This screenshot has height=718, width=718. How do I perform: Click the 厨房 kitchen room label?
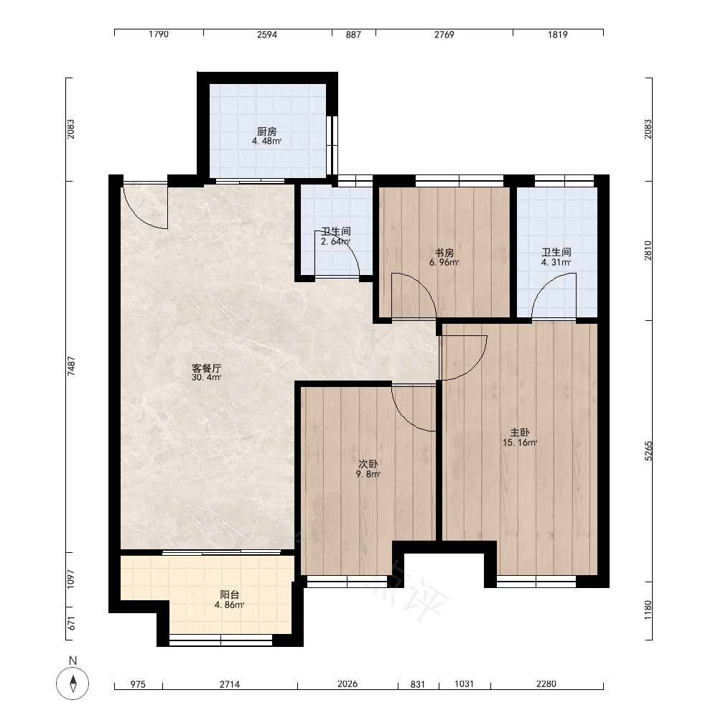(267, 132)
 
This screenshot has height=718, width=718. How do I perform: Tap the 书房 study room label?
(444, 253)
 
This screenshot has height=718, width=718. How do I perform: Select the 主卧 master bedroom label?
(520, 432)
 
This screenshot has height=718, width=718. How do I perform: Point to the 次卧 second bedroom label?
(368, 465)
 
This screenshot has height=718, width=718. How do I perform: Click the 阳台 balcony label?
(230, 595)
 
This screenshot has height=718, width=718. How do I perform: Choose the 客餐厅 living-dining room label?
(207, 368)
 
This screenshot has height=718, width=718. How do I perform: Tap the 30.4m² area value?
(207, 378)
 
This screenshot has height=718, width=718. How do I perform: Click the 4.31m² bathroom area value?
(556, 262)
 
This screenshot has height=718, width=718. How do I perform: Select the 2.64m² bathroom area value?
(335, 241)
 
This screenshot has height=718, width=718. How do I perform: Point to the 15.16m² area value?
(520, 442)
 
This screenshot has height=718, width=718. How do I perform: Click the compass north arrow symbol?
(73, 684)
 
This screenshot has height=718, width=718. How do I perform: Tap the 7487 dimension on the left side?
(71, 366)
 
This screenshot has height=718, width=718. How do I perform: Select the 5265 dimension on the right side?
(648, 451)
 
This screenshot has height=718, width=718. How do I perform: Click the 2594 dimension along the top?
(267, 34)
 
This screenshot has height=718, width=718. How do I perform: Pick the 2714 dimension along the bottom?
(230, 684)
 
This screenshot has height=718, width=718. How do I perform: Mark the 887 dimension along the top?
(353, 34)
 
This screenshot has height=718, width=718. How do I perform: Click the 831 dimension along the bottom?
(418, 684)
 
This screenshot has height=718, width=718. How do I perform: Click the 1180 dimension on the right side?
(648, 610)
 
